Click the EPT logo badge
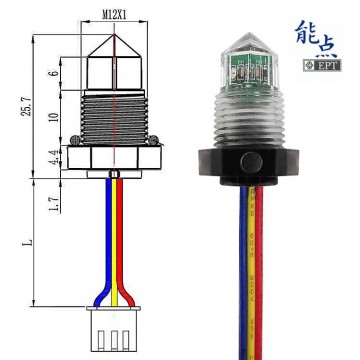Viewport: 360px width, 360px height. pyautogui.click(x=324, y=69)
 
